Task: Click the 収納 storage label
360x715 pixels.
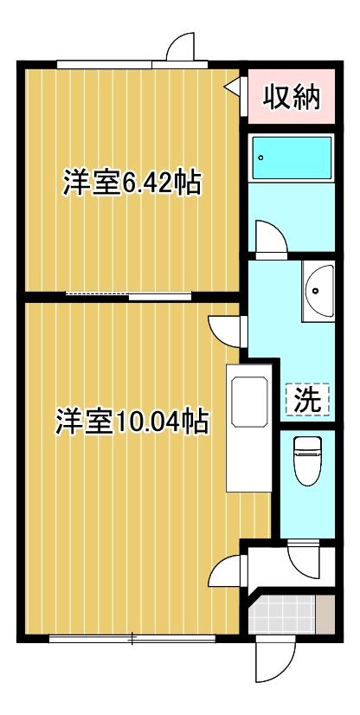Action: [292, 97]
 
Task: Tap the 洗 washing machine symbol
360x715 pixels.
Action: [307, 400]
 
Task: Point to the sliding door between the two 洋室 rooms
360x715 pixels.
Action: [130, 296]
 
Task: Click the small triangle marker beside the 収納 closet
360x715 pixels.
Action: [233, 87]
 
